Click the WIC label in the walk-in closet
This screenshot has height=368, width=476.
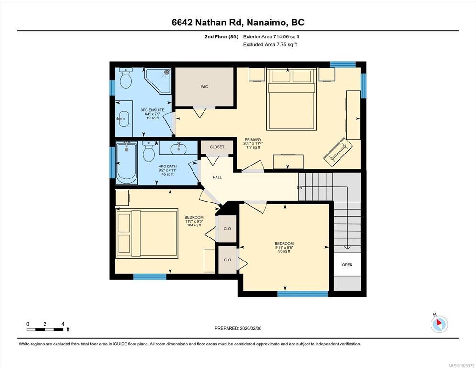204,87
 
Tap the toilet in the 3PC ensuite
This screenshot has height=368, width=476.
125,78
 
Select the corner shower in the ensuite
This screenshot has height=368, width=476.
158,81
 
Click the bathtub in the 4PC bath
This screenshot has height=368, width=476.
126,162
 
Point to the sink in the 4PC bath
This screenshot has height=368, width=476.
178,148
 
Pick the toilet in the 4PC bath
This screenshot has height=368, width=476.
149,151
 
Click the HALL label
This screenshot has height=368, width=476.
217,178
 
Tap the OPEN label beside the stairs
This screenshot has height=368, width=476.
347,265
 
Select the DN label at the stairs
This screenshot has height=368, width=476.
300,187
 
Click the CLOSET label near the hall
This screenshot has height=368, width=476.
217,147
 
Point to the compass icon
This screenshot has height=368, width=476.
439,324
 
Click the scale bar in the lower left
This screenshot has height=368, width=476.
45,329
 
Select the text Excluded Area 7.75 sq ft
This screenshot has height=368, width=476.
270,45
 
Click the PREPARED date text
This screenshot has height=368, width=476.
238,328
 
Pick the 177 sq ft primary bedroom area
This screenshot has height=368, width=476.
253,147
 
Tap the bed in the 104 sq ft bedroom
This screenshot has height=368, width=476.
147,233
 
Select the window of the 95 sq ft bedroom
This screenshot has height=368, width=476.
302,294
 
